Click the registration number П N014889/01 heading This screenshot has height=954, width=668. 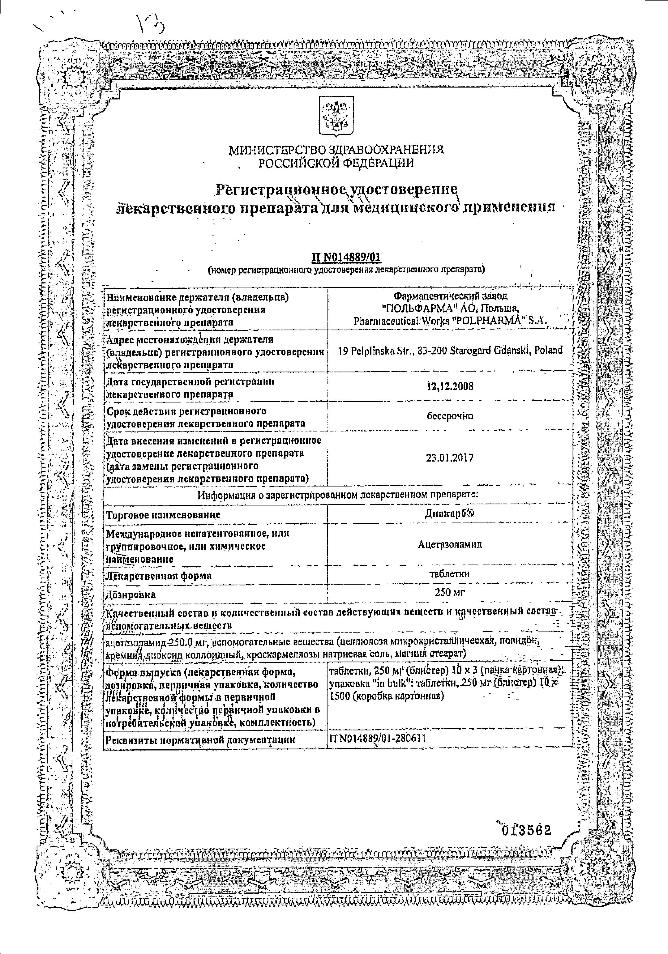pyautogui.click(x=346, y=258)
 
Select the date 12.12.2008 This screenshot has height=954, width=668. pyautogui.click(x=450, y=386)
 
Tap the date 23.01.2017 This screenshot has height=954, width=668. pyautogui.click(x=450, y=458)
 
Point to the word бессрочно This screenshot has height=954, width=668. pyautogui.click(x=450, y=416)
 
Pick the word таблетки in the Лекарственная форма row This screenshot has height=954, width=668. pyautogui.click(x=450, y=574)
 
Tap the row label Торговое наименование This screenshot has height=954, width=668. pyautogui.click(x=163, y=515)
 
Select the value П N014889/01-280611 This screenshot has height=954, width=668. pyautogui.click(x=377, y=738)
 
